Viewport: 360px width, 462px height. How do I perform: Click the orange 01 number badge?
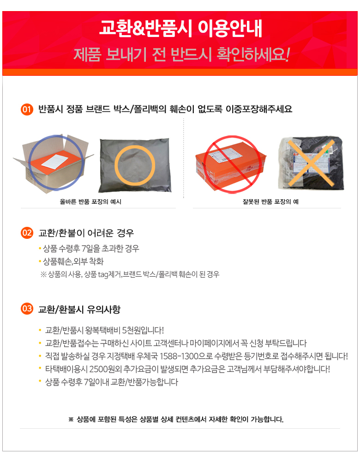27,109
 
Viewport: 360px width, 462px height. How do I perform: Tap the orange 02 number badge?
27,233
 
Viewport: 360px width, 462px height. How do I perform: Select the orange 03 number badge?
27,309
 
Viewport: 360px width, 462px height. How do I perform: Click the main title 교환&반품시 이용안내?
180,29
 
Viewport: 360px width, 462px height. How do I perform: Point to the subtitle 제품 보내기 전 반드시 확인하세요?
181,54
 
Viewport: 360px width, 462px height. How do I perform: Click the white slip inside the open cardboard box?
55,161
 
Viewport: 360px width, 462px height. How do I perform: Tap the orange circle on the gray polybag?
134,165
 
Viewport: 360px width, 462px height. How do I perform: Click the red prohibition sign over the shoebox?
233,164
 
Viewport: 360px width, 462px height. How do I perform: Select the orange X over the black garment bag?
311,163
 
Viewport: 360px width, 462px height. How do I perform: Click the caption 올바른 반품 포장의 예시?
90,201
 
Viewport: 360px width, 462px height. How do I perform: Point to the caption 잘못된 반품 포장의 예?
270,201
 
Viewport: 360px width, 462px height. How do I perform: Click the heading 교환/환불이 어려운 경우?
86,233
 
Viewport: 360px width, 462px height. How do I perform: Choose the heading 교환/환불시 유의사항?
79,309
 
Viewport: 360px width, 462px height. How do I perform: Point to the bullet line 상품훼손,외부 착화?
73,261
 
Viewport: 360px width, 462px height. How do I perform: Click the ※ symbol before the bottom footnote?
71,419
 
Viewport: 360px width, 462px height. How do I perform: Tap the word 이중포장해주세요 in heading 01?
259,109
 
